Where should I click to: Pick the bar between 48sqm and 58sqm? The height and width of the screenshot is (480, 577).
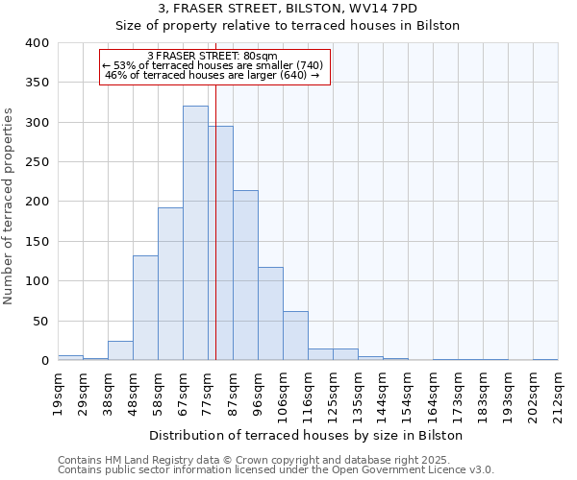[145, 308]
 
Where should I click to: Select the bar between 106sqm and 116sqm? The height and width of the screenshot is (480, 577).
[295, 336]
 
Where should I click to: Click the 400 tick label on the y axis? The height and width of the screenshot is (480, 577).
[37, 43]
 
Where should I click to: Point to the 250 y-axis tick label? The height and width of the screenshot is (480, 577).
[37, 162]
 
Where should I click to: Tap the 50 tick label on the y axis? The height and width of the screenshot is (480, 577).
[40, 321]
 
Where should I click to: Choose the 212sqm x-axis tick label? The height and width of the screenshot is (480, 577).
[558, 394]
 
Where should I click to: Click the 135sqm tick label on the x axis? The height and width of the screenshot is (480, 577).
[358, 394]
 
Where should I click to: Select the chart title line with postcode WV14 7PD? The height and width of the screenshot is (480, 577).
[288, 9]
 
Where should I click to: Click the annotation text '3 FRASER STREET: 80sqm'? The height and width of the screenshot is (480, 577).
[213, 56]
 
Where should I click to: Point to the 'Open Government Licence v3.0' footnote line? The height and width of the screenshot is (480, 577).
[276, 470]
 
